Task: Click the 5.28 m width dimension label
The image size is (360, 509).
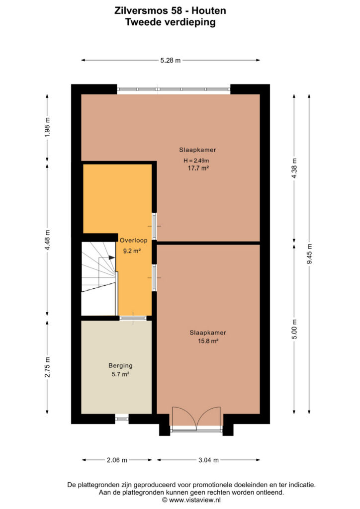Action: [x=171, y=60]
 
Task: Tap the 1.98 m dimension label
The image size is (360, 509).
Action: [x=47, y=127]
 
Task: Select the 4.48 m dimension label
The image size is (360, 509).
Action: [x=47, y=240]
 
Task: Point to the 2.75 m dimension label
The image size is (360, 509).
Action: [x=47, y=367]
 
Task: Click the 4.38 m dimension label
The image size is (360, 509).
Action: [x=294, y=168]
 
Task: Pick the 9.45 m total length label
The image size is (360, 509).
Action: [x=309, y=254]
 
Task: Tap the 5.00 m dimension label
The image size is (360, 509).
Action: [x=294, y=329]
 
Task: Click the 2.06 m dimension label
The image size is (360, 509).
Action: [x=117, y=460]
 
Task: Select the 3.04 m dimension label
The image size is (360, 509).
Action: [x=208, y=460]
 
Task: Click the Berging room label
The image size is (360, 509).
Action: [x=120, y=365]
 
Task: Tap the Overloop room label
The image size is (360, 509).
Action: [x=133, y=240]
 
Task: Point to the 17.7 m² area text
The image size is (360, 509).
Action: [x=198, y=168]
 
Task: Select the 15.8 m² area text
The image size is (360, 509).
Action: [x=208, y=341]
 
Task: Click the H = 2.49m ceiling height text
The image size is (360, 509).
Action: [x=196, y=161]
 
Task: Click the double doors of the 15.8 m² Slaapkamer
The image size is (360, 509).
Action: [x=196, y=419]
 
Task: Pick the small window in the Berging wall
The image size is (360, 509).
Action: [x=122, y=419]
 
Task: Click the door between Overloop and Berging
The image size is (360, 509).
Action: [x=133, y=318]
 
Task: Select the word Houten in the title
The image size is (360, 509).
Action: [x=209, y=11]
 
